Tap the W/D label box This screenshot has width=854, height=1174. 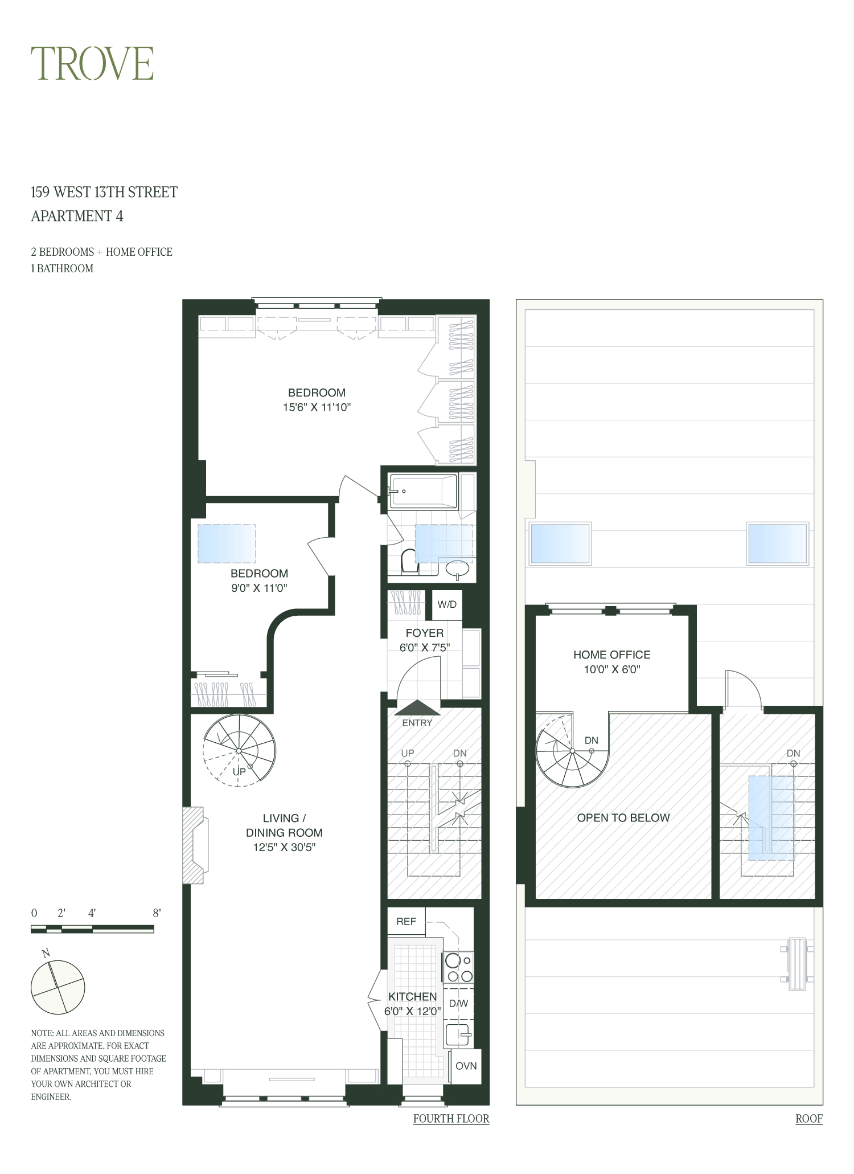coord(447,604)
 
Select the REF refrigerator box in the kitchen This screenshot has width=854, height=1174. coord(406,921)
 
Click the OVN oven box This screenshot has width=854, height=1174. coord(466,1066)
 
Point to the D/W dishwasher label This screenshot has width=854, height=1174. coord(458,1003)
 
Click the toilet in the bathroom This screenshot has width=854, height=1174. coord(408,561)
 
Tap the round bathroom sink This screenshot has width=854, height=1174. coord(457,568)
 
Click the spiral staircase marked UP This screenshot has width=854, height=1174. coord(239,751)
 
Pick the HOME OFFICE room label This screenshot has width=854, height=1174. coord(611,655)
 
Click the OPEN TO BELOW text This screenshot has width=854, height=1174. coord(623,817)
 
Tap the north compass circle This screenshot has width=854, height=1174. coord(58,987)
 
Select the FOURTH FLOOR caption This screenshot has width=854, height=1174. coord(451,1118)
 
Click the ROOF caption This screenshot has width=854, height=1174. coord(808,1118)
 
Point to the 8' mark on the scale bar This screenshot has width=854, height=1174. coord(157,913)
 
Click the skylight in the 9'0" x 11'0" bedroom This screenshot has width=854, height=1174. coord(226,543)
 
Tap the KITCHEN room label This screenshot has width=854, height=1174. coord(412,996)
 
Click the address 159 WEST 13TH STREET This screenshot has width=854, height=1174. coord(104,192)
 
